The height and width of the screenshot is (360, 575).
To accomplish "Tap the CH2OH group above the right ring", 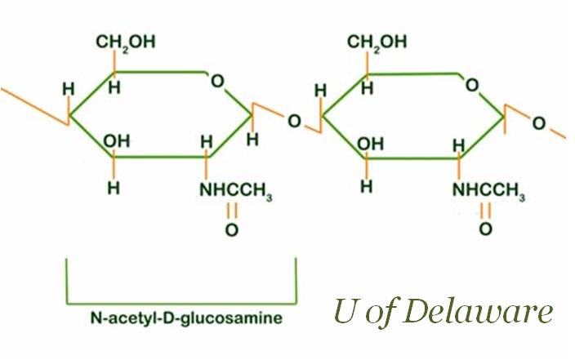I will (377, 42).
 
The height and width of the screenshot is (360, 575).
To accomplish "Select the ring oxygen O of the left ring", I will (216, 80).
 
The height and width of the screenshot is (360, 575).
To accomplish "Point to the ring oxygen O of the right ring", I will (471, 84).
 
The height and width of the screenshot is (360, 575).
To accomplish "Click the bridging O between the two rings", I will (294, 122).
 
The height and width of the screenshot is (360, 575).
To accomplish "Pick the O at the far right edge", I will (539, 123).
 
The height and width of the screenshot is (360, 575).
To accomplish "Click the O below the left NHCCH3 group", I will (232, 230).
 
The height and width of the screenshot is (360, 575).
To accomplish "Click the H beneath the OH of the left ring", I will (114, 187).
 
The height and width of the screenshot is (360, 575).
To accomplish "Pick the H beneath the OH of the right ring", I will (367, 187).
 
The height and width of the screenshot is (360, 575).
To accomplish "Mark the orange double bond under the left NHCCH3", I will (232, 210).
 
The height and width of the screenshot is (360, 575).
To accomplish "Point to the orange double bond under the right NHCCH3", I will (485, 210).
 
